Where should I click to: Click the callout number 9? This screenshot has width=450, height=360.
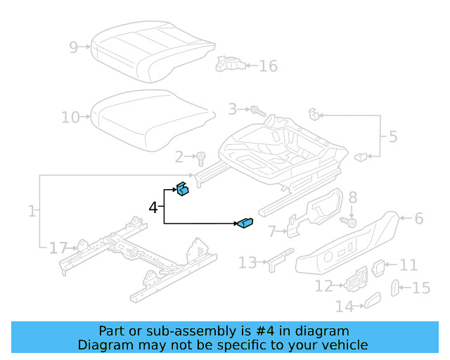click(74, 47)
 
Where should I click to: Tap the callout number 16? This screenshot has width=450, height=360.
click(268, 66)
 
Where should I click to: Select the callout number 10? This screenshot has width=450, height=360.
click(70, 117)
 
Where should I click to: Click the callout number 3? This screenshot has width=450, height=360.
click(232, 109)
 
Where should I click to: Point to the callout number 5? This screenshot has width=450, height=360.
click(392, 136)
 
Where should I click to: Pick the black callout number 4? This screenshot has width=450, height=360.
click(153, 207)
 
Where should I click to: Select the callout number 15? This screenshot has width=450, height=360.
click(420, 288)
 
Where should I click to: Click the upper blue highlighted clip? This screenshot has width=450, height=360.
click(183, 190)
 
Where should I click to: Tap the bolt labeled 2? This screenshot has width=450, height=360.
click(201, 156)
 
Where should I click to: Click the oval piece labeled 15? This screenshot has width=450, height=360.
click(395, 287)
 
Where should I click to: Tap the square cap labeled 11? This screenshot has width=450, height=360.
click(378, 266)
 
